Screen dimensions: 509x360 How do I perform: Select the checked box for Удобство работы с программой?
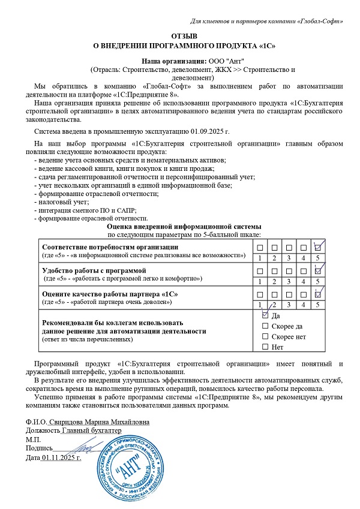click(x=319, y=271)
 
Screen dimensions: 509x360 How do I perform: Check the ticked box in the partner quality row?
click(x=319, y=294)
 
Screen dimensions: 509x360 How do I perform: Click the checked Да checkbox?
click(x=265, y=315)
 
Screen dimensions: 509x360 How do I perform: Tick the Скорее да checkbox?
click(x=265, y=326)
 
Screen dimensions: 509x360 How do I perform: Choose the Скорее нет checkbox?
click(x=265, y=336)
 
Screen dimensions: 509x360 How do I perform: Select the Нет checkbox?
click(x=265, y=347)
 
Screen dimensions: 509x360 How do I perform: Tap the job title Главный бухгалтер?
click(x=91, y=430)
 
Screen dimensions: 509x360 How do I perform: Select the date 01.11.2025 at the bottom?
click(x=61, y=458)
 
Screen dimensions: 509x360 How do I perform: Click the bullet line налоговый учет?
click(x=61, y=202)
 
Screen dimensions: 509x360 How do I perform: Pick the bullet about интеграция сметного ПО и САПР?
click(x=86, y=210)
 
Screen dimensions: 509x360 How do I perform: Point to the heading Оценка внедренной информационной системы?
click(x=184, y=227)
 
